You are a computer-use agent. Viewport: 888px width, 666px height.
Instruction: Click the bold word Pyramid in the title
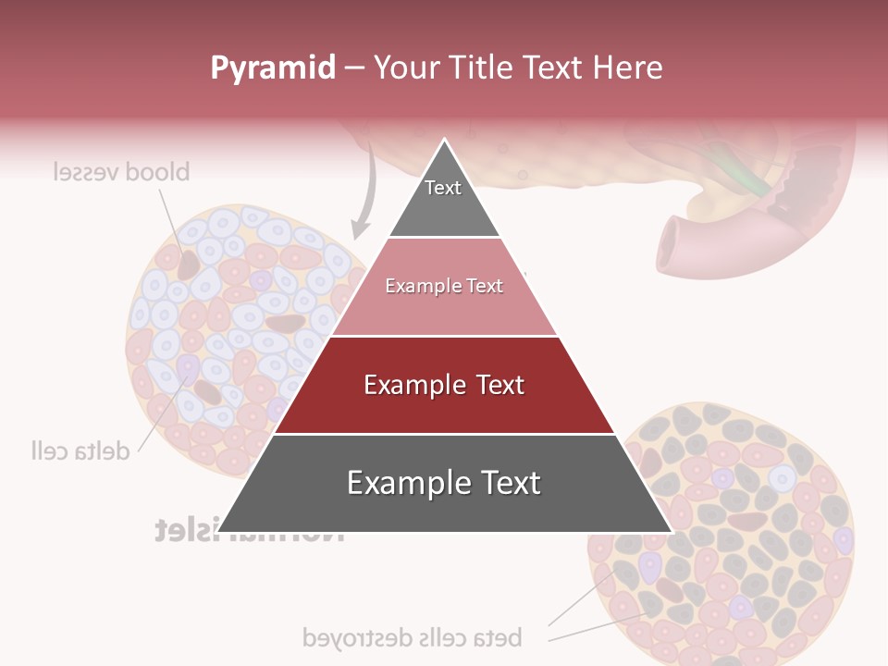click(273, 68)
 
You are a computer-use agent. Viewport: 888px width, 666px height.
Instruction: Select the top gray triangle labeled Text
click(444, 199)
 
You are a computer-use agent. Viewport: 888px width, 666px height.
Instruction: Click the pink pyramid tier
click(444, 301)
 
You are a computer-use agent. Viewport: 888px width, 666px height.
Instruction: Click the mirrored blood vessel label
click(121, 172)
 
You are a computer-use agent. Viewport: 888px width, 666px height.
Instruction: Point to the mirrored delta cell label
click(80, 450)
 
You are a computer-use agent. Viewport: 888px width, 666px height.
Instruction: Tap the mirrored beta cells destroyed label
click(413, 637)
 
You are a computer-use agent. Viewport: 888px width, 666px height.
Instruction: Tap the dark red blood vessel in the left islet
click(189, 264)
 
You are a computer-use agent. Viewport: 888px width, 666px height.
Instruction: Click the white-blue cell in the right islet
click(783, 477)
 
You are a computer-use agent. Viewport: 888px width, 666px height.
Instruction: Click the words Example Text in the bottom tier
click(444, 483)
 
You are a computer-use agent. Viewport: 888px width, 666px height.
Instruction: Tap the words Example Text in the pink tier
click(444, 286)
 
